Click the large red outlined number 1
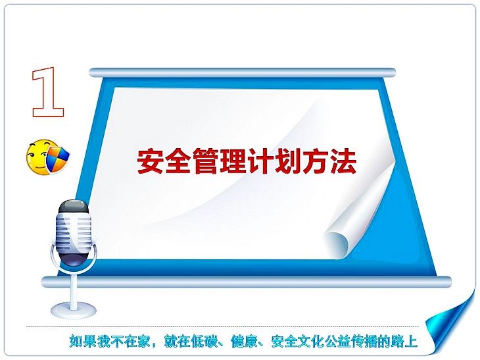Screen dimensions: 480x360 click(x=48, y=92)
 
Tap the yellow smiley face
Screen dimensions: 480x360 click(x=37, y=157)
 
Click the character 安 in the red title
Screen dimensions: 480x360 click(x=150, y=161)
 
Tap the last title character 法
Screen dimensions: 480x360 click(x=343, y=161)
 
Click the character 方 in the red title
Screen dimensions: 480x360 click(x=316, y=161)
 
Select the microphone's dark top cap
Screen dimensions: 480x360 click(x=74, y=207)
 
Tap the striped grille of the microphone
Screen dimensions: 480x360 click(x=74, y=233)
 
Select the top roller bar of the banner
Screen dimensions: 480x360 click(x=242, y=73)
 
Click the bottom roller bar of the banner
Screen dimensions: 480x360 click(x=247, y=282)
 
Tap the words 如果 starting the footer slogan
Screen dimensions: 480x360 click(x=84, y=341)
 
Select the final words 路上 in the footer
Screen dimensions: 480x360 click(x=404, y=341)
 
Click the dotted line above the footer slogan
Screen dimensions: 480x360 click(x=223, y=327)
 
